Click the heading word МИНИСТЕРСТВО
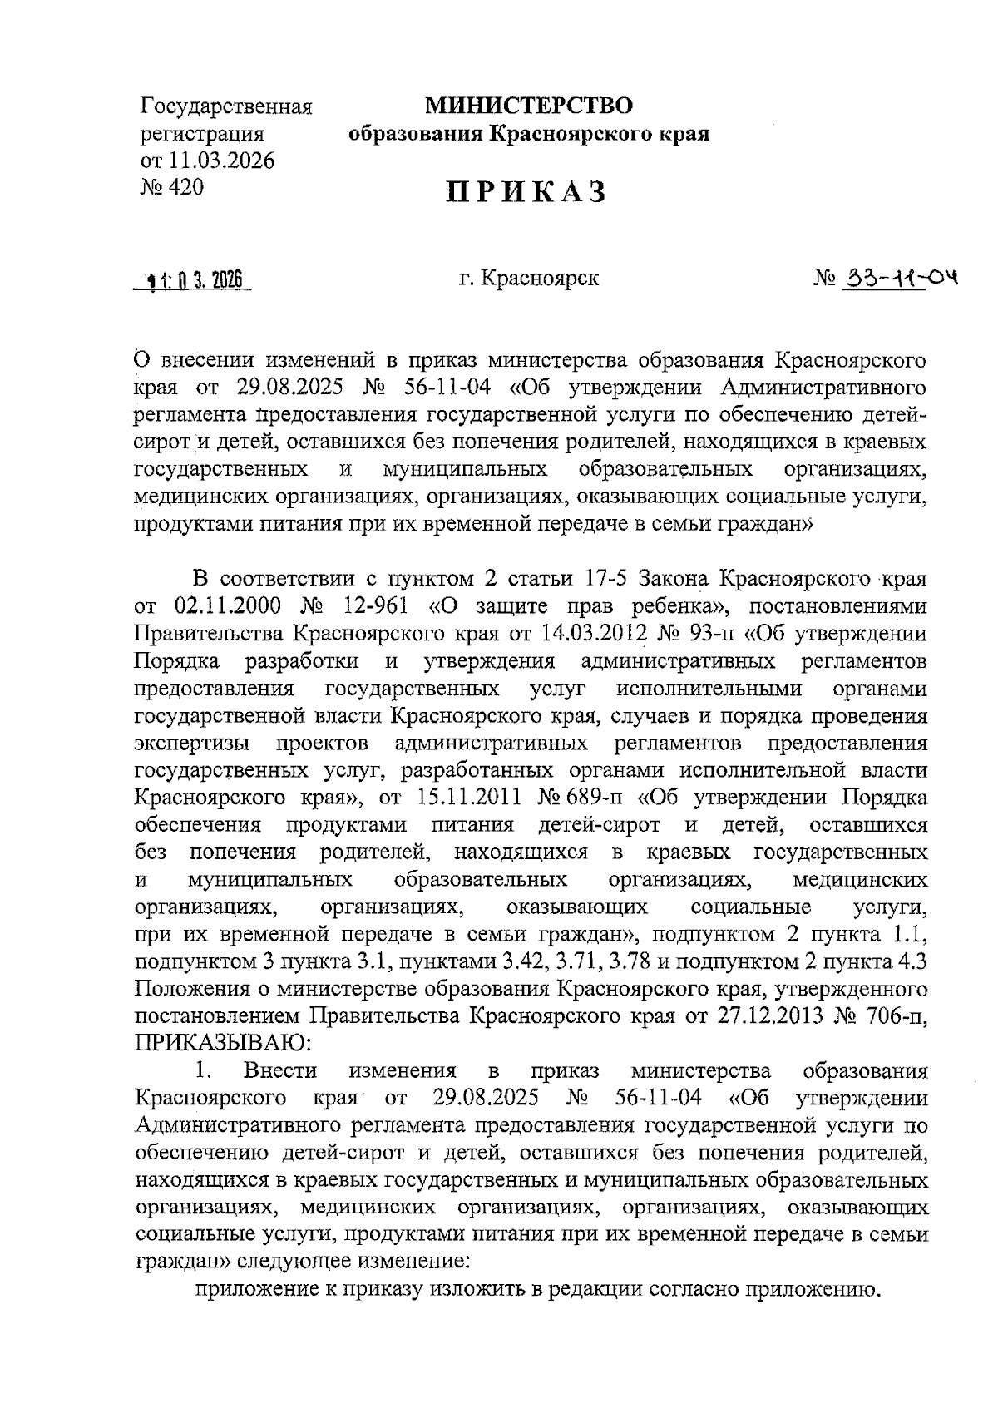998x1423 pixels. point(529,106)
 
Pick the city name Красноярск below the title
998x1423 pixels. point(540,278)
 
